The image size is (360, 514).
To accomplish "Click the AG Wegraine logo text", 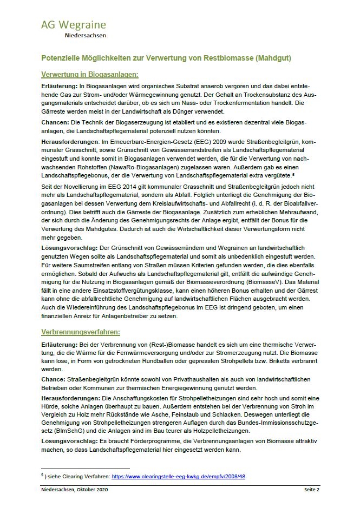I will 73,25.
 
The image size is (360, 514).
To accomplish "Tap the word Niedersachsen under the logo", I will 85,36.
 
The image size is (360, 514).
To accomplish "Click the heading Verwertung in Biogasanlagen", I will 89,75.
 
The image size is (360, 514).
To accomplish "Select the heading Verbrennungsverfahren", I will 81,331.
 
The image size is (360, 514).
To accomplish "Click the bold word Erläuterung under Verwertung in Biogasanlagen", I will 59,87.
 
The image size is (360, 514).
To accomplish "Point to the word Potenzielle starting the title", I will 63,57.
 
